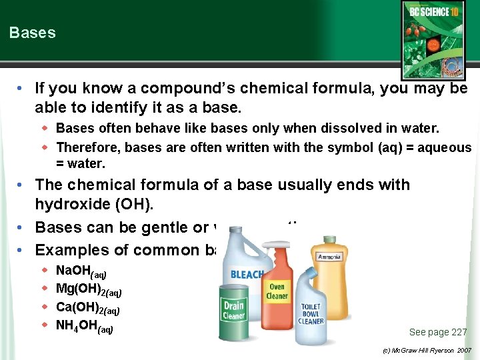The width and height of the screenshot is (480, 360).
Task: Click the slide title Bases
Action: [33, 33]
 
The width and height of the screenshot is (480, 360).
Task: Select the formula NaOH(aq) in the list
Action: [81, 271]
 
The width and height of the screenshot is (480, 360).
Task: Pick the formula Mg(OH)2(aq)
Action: [88, 289]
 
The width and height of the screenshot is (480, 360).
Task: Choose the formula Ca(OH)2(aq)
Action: [87, 308]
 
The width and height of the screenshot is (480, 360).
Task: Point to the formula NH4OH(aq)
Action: [84, 327]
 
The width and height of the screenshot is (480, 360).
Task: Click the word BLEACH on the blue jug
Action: [247, 274]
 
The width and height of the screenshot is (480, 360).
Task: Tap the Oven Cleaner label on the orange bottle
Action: [277, 291]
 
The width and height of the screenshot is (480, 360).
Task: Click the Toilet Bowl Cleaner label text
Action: [311, 314]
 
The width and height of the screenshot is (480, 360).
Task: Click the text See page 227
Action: [437, 332]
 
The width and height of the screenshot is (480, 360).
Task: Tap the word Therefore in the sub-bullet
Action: [83, 147]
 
